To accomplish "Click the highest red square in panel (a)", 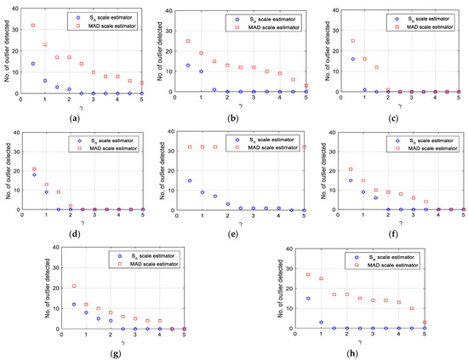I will point(33,26).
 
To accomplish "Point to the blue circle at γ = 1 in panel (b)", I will point(201,71).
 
